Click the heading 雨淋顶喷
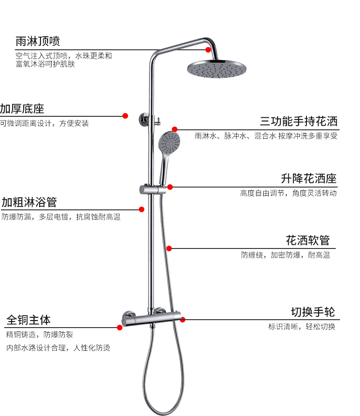point(38,41)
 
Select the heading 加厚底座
point(22,109)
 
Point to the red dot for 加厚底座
point(125,116)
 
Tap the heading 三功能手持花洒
point(299,122)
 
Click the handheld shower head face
point(169,141)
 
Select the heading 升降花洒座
point(309,179)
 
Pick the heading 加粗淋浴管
point(29,202)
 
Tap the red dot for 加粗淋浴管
point(142,209)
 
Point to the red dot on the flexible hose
point(170,248)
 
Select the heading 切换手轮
point(313,312)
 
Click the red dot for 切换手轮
point(183,320)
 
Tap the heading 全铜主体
point(28,320)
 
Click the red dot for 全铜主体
point(120,327)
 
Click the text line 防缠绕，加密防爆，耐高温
point(285,255)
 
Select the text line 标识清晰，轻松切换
point(301,327)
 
